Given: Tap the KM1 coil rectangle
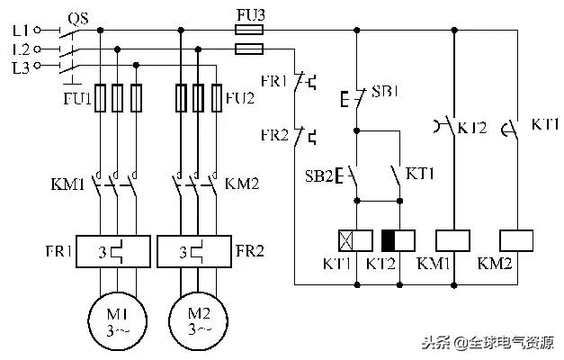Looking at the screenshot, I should (452, 240).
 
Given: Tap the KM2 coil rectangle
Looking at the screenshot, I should (516, 240).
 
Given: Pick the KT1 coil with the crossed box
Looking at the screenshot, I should (356, 240).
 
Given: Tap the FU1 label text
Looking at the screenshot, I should (77, 97).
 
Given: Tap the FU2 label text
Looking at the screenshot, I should (239, 97).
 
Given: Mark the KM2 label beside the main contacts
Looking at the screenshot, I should (241, 185).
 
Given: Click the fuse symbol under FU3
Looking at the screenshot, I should (248, 30).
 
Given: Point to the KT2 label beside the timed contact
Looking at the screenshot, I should (471, 128).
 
